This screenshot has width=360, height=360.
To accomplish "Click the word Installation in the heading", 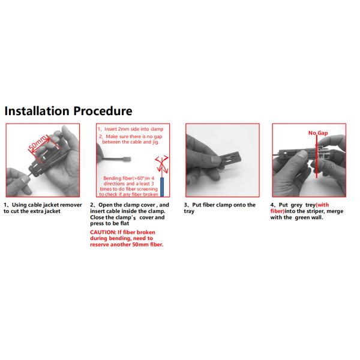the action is point(37,111).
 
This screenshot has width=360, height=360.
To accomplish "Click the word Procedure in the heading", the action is point(103,111).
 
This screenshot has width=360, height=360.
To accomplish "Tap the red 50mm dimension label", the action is point(38,143).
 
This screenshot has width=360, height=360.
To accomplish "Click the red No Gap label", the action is point(318,133).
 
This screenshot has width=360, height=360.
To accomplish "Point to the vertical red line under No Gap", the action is point(317,157).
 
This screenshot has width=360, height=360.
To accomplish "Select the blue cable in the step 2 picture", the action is point(162,187).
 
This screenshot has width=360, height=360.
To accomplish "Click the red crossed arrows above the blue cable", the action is point(162,164).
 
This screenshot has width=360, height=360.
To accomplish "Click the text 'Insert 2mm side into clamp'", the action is point(134,129).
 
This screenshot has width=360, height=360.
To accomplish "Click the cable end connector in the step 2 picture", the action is point(127,159).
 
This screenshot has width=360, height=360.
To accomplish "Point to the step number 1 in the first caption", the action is point(5,205).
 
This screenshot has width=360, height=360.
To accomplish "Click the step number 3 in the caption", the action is point(185,205).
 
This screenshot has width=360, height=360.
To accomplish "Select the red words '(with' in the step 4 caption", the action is point(322,205).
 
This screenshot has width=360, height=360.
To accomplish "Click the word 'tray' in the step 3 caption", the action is point(189,211).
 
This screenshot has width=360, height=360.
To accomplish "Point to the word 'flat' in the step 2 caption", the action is point(124,223).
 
